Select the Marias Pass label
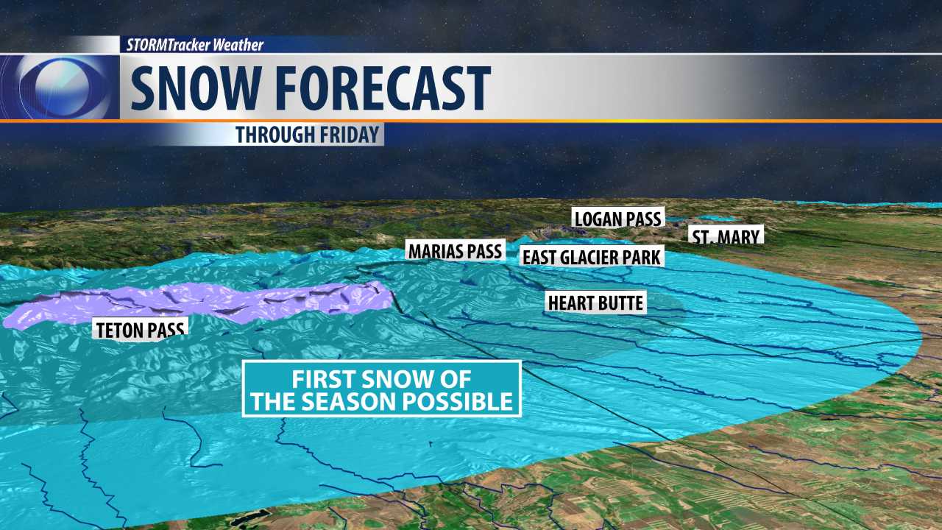point(455,250)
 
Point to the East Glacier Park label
point(592,256)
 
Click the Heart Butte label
point(595,302)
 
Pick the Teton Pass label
point(140,328)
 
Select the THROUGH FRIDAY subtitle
point(308,135)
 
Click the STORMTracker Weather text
point(195,45)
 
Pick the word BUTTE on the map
point(617,302)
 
